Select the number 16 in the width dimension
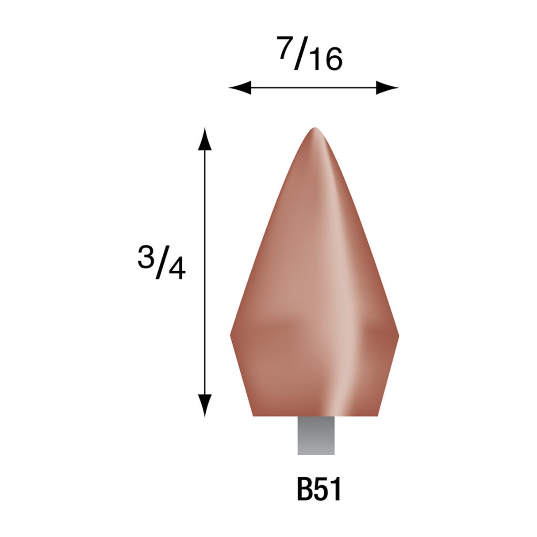(326, 61)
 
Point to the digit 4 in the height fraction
(176, 270)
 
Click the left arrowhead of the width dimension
(239, 88)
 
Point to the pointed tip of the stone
(315, 129)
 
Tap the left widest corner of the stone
(231, 335)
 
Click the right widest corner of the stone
(398, 336)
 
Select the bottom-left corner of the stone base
(253, 415)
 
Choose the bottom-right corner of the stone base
(377, 415)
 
